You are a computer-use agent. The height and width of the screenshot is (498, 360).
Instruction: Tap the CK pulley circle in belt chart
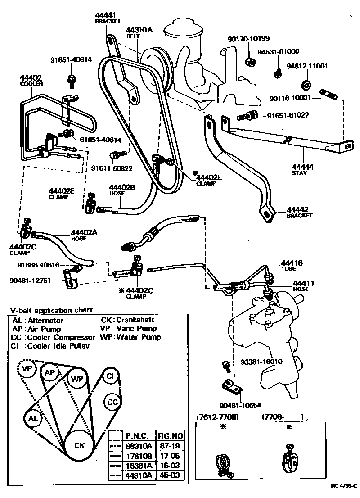(x=79, y=445)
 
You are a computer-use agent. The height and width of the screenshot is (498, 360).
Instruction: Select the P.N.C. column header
(x=138, y=435)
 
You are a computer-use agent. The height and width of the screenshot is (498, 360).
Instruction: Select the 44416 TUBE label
(x=292, y=265)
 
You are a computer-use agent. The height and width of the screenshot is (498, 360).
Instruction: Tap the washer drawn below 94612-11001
(x=306, y=84)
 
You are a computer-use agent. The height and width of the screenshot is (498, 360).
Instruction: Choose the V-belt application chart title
(x=51, y=310)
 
